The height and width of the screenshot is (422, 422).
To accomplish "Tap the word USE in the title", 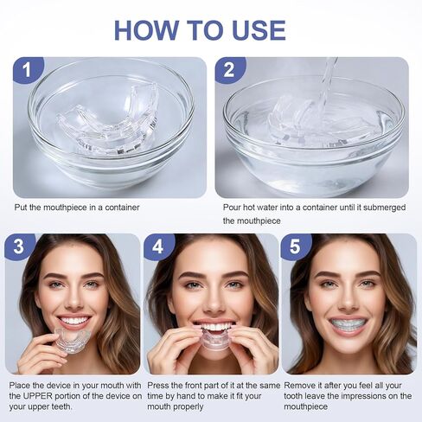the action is [259, 30].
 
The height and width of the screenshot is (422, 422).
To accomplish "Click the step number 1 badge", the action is [28, 70].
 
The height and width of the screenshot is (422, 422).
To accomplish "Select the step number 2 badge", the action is [230, 70].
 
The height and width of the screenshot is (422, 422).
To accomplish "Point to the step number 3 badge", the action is [20, 246].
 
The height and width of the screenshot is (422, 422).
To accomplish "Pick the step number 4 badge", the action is [158, 246].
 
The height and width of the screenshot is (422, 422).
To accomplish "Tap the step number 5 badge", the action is [296, 246].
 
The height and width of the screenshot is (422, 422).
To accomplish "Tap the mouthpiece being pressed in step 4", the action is [214, 338].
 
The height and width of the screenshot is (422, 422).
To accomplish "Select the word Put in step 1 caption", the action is [21, 208].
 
